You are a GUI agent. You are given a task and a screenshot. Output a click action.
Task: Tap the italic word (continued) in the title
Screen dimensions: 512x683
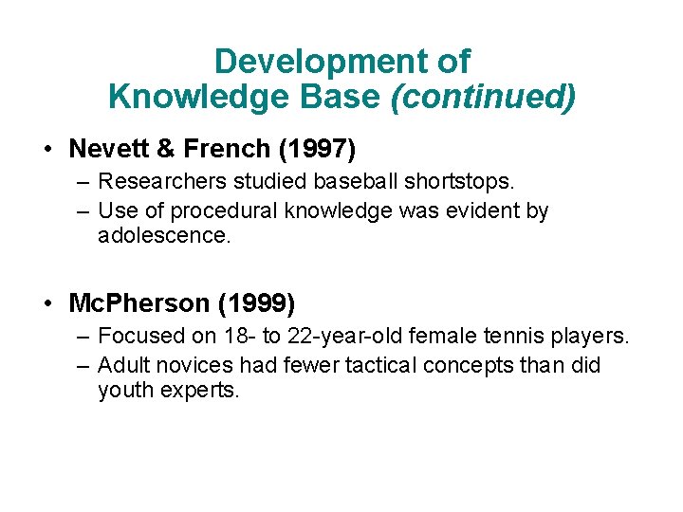point(483,97)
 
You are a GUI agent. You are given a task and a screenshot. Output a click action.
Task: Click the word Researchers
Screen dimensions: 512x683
point(157,181)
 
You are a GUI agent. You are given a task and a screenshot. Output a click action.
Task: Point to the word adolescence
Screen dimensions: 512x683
point(163,235)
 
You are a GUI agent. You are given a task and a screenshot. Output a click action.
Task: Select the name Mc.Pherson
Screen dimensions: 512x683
point(138,304)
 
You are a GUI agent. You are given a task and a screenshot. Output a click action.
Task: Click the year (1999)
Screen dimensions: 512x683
point(256,304)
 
